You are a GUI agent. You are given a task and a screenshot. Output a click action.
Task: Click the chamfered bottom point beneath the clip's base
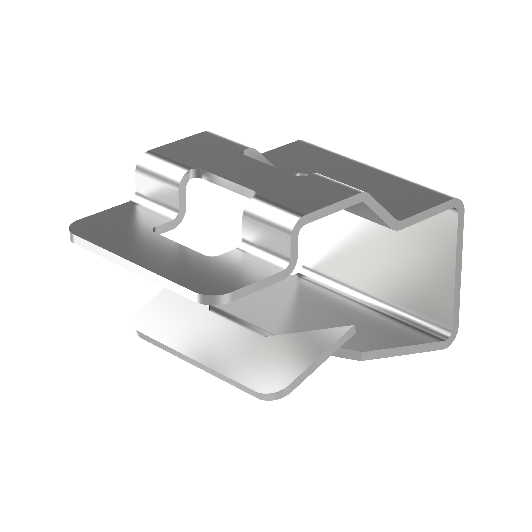pos(361,360)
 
